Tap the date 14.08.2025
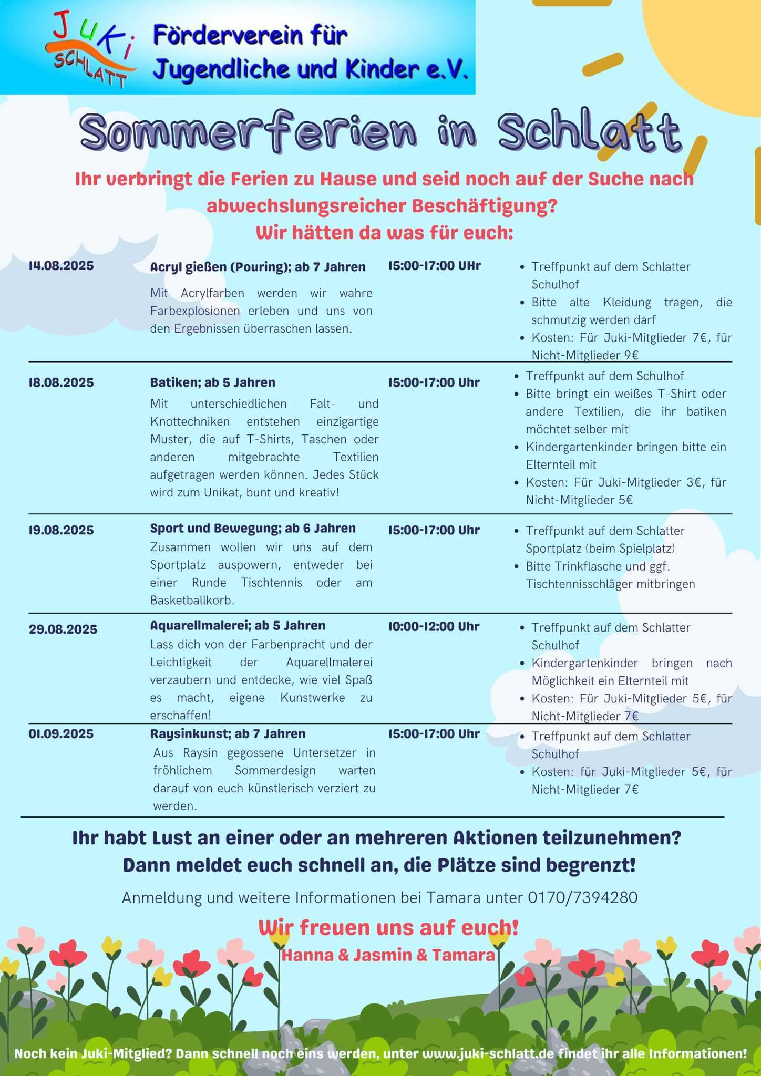coord(61,265)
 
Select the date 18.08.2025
coord(61,382)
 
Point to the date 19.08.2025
coord(61,530)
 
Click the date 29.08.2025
coord(63,629)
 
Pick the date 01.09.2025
coord(61,733)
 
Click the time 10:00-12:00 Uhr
coord(434,626)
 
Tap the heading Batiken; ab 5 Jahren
coord(212,382)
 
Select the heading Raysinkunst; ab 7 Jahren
coord(228,733)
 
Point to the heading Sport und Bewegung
coord(215,528)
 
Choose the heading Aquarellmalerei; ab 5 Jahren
coord(238,625)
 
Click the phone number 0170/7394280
coord(582,897)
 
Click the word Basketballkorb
coord(192,600)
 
